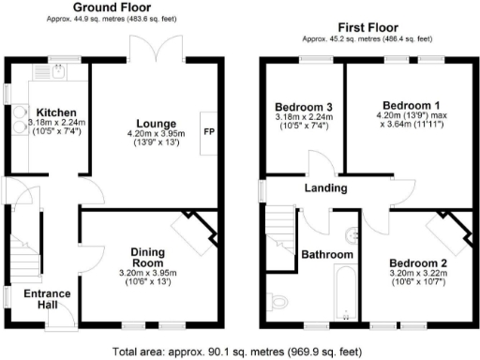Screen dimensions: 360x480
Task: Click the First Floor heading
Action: [367, 29]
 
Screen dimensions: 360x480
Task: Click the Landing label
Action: [325, 188]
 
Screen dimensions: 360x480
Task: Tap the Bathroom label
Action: [327, 254]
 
